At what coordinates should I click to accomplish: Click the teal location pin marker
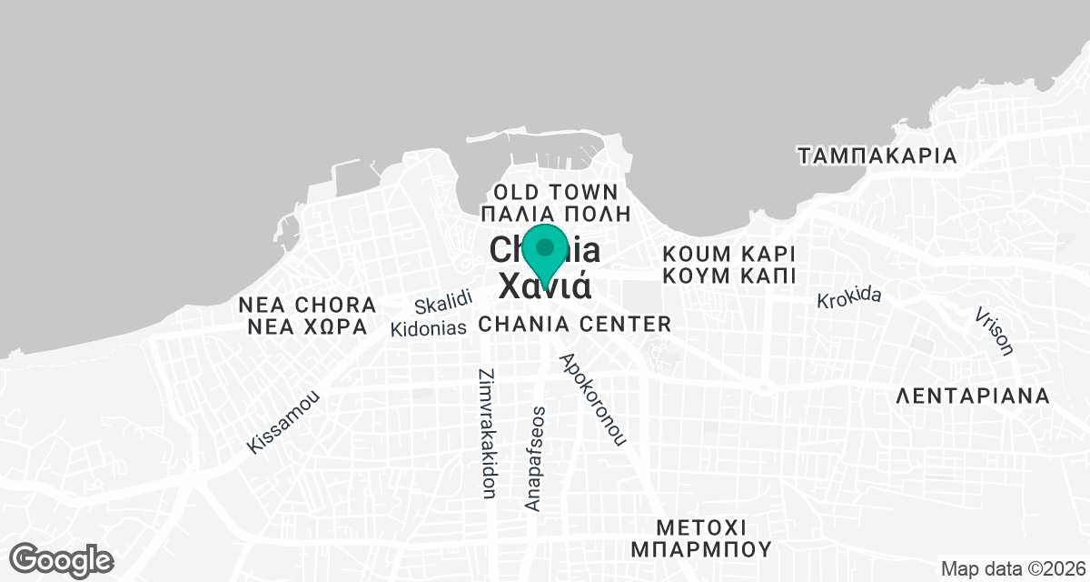545,254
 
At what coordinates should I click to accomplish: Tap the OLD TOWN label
554,192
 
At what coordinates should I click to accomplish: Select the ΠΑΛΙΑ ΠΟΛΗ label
555,215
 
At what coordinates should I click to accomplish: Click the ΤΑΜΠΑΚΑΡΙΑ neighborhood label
877,156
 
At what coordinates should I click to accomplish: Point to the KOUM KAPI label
728,252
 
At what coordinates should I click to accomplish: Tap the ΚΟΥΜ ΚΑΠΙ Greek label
728,275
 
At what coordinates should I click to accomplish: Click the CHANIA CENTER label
575,324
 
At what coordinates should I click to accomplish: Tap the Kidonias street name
429,327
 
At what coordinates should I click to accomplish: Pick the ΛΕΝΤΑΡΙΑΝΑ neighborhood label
973,396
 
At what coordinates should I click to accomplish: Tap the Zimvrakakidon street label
486,433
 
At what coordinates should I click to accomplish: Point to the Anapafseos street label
535,457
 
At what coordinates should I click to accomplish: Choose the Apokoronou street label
594,398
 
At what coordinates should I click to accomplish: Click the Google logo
63,559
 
